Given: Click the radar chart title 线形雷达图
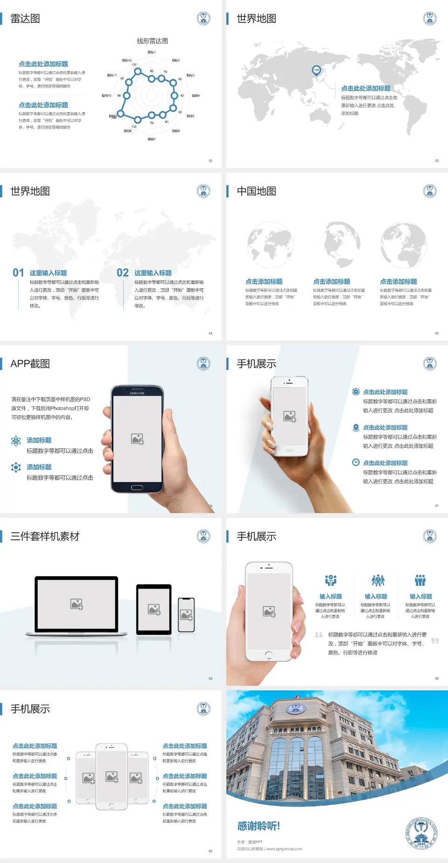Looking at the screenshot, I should point(152,41).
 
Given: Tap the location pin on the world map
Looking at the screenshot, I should point(316,70).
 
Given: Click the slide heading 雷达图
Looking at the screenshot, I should point(25,19).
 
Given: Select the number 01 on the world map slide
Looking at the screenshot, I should point(18,273).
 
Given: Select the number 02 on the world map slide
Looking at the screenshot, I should point(123,273).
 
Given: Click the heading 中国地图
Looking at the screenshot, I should point(256,191).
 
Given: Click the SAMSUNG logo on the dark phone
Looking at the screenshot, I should point(137,393).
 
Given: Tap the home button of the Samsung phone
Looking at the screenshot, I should point(137,487).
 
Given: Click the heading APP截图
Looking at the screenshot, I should point(30,364).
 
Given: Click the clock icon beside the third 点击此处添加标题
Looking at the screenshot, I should point(356,462).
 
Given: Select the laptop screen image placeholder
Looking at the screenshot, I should point(77,604).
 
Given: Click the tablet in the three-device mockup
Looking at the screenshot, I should point(154,609).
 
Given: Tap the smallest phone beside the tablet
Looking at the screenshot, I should point(186,615).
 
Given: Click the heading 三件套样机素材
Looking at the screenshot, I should point(45,536).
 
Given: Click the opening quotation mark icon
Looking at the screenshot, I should point(319,635).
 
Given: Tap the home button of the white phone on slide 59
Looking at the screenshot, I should point(268,655).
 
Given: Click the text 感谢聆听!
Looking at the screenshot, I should point(259,826).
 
